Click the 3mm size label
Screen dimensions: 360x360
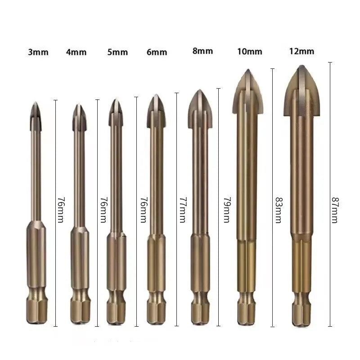(38, 53)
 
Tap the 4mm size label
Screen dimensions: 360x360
(76, 52)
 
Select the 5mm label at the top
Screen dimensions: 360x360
(117, 52)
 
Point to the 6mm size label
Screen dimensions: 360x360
(157, 52)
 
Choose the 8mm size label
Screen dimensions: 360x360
(202, 51)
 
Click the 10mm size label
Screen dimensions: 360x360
(249, 51)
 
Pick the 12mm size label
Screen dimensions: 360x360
(302, 51)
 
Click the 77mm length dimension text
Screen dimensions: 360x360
(183, 209)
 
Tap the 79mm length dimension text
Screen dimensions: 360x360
(226, 209)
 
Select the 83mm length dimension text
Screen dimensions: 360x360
(278, 209)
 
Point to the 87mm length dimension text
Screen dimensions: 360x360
(334, 209)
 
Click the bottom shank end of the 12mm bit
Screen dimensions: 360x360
(302, 319)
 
